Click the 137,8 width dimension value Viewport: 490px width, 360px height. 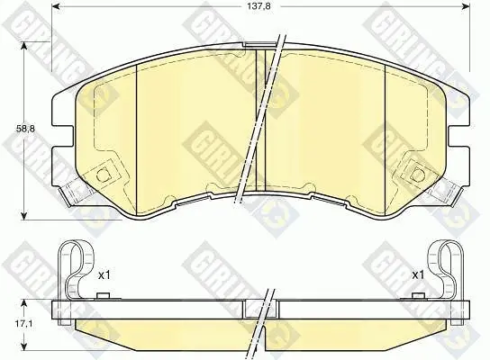point(259,6)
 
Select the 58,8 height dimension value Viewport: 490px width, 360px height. point(25,129)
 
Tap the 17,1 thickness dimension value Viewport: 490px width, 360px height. point(25,324)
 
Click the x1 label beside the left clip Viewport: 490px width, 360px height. point(104,275)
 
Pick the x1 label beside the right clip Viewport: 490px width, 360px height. point(418,275)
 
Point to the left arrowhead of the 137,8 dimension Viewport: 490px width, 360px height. point(55,6)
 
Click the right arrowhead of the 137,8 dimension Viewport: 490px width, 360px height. point(466,6)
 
